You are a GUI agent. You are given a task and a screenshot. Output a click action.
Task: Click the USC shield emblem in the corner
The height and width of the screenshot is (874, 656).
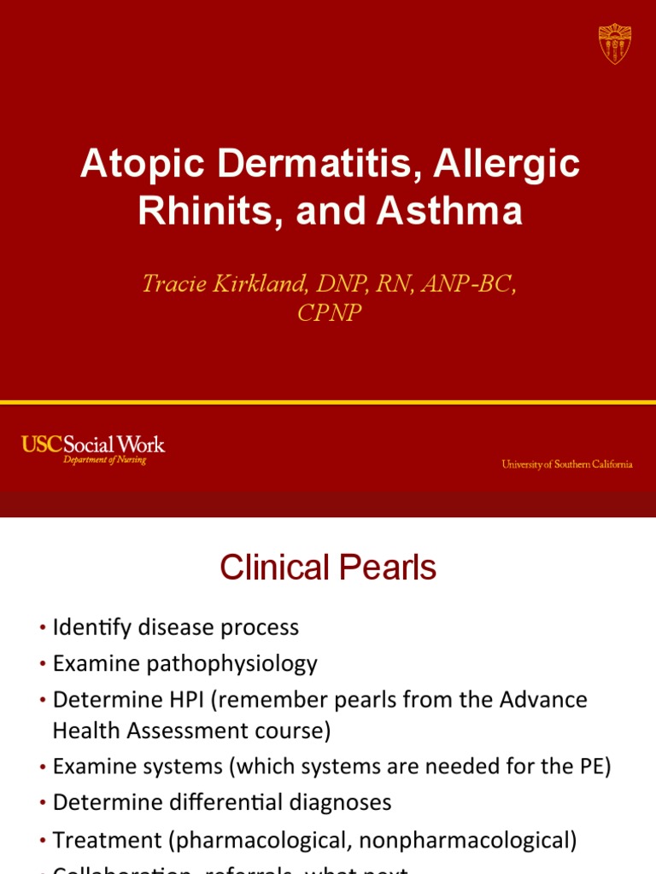click(615, 43)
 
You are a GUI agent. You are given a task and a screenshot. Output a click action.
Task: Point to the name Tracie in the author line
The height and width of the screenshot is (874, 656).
click(176, 284)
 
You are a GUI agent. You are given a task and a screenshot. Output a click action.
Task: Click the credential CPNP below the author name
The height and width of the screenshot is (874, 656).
click(329, 313)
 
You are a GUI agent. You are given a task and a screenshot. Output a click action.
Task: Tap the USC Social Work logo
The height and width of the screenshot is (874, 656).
click(92, 444)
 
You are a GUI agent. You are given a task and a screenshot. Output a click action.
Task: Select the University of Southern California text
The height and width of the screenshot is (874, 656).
click(567, 464)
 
